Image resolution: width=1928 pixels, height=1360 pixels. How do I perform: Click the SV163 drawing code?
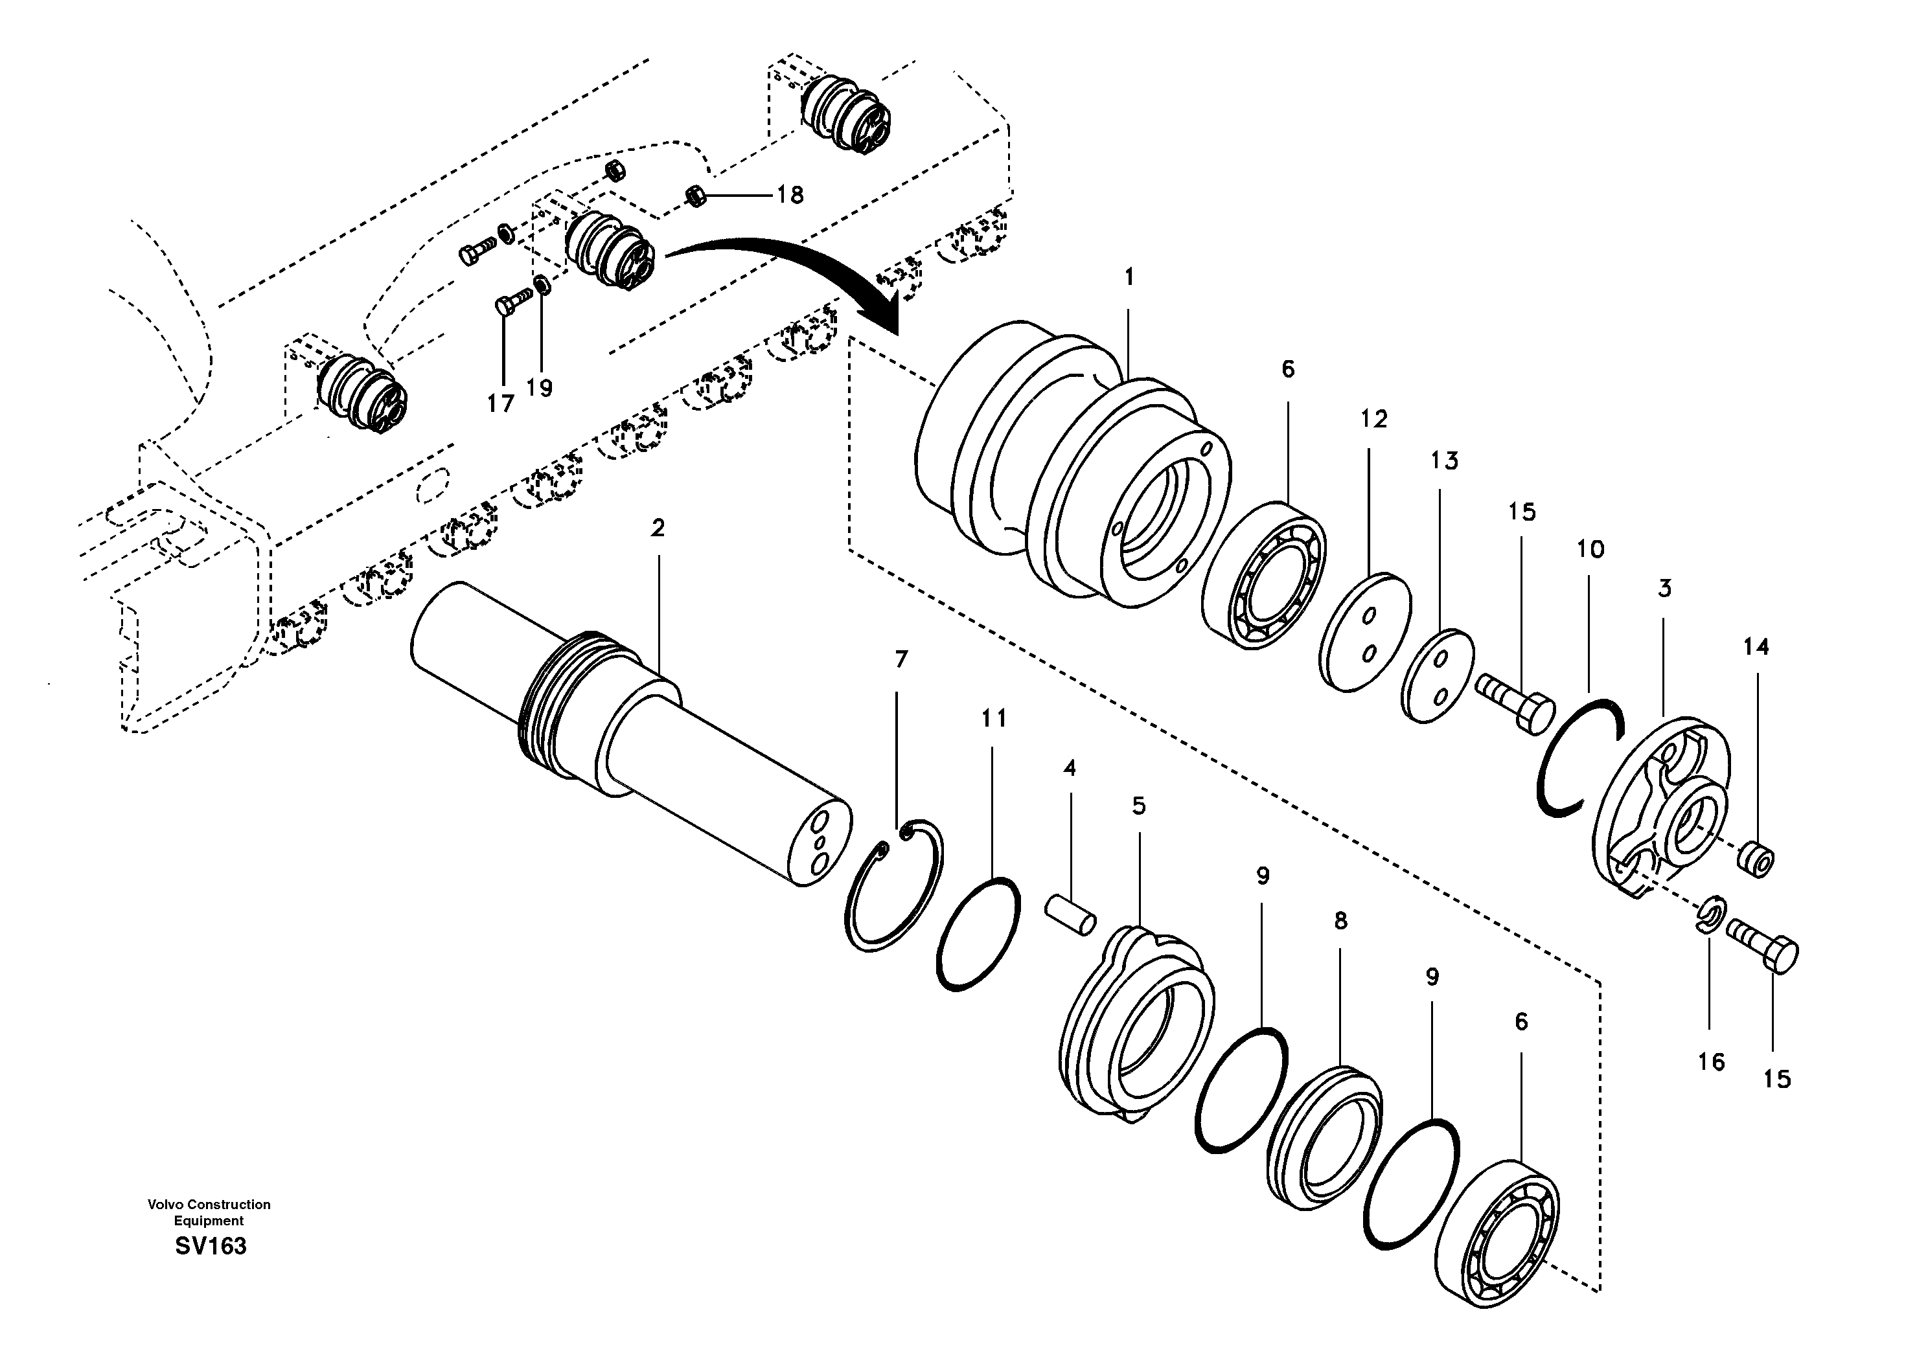(x=211, y=1246)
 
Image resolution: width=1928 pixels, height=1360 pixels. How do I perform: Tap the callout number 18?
(x=789, y=195)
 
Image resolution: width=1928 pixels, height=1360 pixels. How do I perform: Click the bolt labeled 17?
(x=513, y=301)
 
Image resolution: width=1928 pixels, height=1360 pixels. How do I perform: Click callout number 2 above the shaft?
(x=658, y=528)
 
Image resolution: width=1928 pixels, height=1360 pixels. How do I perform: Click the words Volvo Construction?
(x=209, y=1205)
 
